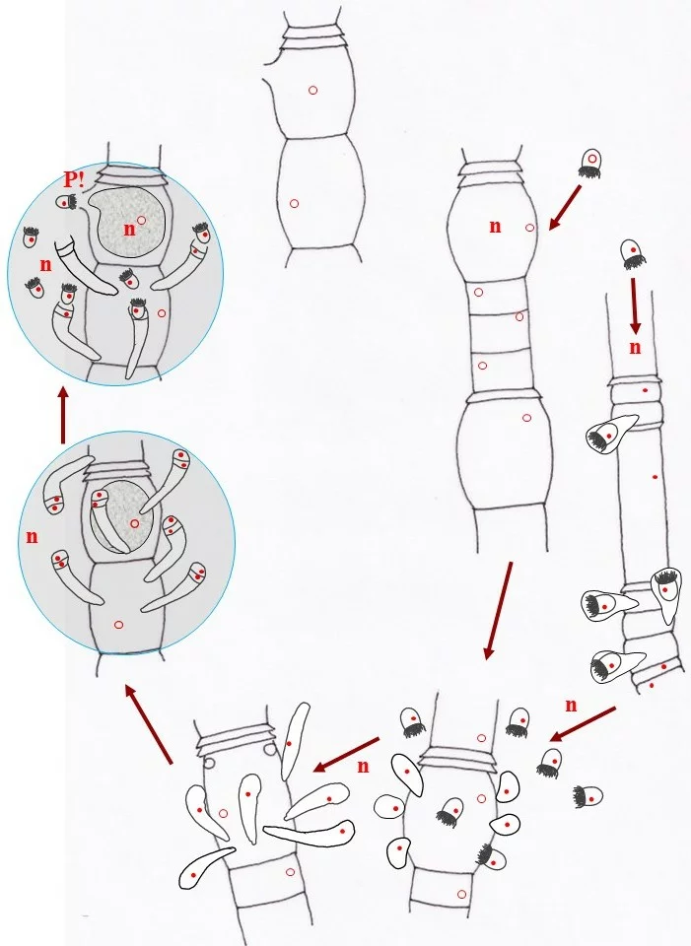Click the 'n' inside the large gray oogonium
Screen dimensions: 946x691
point(128,229)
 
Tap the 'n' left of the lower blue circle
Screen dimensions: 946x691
point(32,537)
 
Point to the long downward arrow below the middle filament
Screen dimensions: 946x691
point(498,611)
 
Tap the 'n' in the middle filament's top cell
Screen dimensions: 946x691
point(495,227)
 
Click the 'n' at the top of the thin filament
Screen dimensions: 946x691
point(635,347)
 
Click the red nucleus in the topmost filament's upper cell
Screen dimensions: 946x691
point(312,90)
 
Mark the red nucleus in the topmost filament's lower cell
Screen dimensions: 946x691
point(294,203)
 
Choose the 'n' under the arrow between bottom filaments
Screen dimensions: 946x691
point(363,766)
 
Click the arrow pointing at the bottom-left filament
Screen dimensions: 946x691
point(346,754)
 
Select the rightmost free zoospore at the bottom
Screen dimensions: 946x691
point(589,796)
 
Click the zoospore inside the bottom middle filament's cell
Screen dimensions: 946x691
point(451,812)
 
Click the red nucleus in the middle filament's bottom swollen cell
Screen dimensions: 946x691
point(526,418)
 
